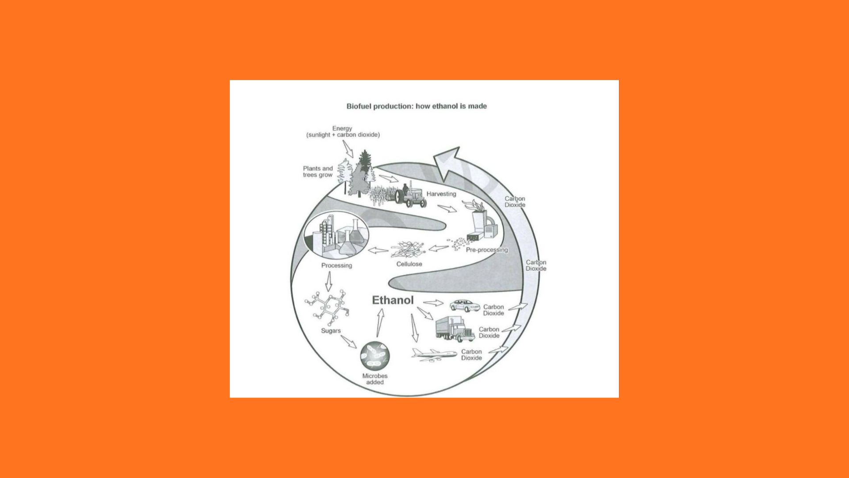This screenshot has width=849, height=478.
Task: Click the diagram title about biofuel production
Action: coord(416,106)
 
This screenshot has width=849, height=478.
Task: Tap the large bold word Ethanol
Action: coord(393,300)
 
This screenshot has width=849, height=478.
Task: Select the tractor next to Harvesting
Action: coord(411,197)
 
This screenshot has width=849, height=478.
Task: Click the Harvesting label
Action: coord(441,194)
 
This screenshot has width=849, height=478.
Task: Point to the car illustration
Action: coord(464,305)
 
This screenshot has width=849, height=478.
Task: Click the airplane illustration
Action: coord(434,354)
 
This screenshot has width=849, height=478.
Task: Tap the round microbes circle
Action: coord(375,356)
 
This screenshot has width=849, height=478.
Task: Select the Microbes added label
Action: coord(375,379)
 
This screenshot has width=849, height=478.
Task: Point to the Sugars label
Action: coord(331,331)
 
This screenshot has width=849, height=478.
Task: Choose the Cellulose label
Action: coord(409,264)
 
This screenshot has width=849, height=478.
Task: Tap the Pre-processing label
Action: coord(487,250)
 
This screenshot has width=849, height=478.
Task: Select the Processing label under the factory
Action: coord(337,266)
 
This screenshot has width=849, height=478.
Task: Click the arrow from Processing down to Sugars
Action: coord(328,281)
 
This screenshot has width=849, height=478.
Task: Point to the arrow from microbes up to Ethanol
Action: coord(379,323)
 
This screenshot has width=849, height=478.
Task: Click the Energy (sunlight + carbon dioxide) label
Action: coord(343,131)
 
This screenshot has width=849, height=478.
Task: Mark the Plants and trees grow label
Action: coord(317,172)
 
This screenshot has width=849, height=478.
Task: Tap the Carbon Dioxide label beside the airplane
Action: coord(471,355)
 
